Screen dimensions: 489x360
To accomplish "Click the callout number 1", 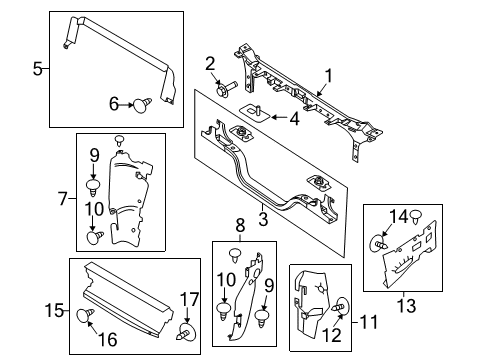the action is tap(329, 76).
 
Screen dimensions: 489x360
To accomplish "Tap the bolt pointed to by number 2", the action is tap(226, 88).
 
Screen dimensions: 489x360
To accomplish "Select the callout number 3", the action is tap(263, 219).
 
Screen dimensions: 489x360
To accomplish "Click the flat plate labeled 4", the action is tap(255, 112).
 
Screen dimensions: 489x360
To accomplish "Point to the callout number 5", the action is tap(38, 69).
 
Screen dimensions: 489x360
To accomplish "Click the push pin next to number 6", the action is tap(142, 105).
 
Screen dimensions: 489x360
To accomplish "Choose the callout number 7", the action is tap(63, 199).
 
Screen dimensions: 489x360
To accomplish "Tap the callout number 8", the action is tap(240, 225).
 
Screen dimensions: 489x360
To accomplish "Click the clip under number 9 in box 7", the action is tap(93, 188).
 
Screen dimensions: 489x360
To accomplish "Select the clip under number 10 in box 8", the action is tap(224, 311).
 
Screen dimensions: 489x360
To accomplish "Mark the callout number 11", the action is tap(369, 322).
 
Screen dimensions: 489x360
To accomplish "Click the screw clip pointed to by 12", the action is tap(341, 305).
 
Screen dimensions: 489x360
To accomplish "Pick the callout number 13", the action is tap(407, 306).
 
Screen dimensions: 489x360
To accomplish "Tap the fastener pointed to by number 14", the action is tap(379, 243).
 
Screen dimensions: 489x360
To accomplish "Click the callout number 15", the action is tap(54, 311).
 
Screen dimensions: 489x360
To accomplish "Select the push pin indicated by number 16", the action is tap(85, 315).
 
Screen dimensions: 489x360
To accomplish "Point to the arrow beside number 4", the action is tap(279, 117).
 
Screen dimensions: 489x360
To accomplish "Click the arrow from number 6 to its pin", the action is tap(126, 105).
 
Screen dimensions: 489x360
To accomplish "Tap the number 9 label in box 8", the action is tap(269, 286).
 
